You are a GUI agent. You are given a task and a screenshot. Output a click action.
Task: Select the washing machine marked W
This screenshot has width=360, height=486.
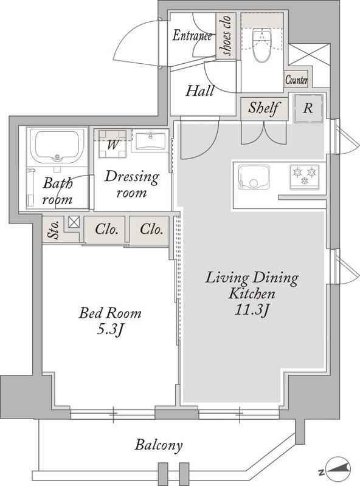[112, 144]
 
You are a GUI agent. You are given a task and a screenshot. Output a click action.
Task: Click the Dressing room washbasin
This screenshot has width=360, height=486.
[151, 141]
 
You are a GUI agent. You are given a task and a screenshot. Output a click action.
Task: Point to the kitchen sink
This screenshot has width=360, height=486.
[254, 177]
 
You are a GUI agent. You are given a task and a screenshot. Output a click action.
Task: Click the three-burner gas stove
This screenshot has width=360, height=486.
[305, 176]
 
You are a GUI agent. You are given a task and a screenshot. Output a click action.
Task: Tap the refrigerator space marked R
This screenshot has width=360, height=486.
[308, 109]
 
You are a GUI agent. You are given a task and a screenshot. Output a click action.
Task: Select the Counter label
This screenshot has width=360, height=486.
[296, 80]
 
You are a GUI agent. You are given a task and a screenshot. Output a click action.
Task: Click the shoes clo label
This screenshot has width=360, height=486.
[226, 36]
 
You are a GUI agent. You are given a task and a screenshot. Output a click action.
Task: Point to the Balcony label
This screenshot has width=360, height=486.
[158, 445]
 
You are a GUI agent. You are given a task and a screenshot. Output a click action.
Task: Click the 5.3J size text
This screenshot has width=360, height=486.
[110, 330]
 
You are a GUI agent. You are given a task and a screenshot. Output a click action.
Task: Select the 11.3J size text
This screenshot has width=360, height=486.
[251, 310]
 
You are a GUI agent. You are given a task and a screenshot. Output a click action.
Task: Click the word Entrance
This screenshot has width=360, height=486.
[192, 36]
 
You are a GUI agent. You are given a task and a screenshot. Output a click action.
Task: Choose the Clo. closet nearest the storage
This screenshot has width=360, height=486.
[106, 230]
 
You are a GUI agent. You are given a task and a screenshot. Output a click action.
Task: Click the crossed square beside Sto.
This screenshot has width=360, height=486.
[74, 222]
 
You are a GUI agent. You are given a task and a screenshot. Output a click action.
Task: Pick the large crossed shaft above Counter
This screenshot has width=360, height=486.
[309, 55]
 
